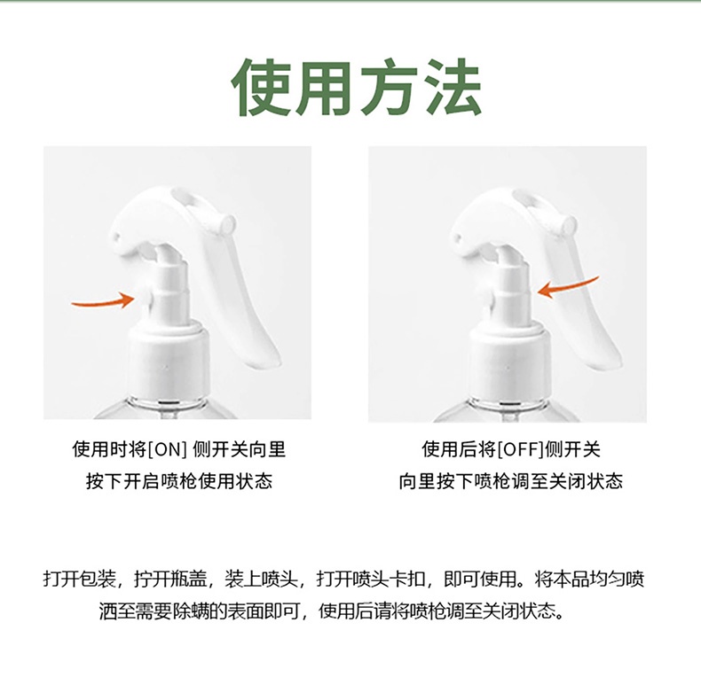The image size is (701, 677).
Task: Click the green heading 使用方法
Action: coord(357,88)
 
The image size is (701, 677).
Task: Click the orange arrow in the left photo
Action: coord(104,301)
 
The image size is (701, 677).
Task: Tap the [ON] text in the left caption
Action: coord(166,449)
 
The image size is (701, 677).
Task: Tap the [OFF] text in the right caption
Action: coord(520,449)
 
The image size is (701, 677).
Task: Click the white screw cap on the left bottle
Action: coord(169,361)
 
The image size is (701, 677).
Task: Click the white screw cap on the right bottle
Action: coord(509,361)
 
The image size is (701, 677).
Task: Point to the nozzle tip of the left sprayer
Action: coord(114,236)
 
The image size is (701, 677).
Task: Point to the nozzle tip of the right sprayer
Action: coord(456,236)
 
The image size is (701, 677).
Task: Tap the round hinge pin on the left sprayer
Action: coord(229,222)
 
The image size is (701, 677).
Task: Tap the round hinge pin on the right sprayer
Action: coord(569,222)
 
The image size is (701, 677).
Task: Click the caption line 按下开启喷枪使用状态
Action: coord(179,481)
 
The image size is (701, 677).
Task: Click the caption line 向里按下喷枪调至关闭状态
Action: coord(510,481)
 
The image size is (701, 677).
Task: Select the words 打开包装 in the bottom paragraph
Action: coord(80,580)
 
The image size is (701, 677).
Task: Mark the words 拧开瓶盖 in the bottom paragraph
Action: coord(171,580)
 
